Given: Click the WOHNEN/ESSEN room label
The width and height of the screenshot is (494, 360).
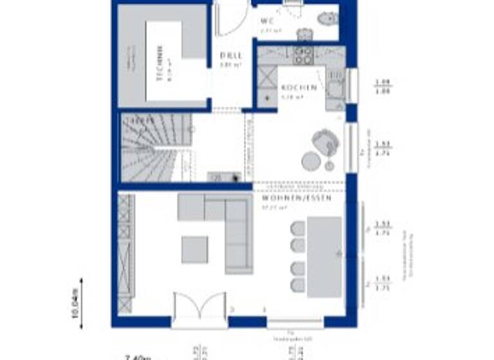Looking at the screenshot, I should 297,199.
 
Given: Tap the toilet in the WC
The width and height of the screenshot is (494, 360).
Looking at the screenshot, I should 327,19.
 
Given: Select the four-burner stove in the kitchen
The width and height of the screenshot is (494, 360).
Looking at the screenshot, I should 304,55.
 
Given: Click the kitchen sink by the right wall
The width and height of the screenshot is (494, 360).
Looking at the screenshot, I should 334,84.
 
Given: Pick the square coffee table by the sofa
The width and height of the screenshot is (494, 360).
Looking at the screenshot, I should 194,249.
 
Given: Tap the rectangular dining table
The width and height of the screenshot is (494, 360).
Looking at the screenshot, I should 324,256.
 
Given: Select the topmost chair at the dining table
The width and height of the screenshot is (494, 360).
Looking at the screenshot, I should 298,228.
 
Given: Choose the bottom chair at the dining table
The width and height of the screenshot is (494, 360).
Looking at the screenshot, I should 298,285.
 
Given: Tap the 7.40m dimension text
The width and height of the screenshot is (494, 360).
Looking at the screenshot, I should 138,355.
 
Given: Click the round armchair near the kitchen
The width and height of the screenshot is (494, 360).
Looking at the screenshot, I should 324,140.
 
